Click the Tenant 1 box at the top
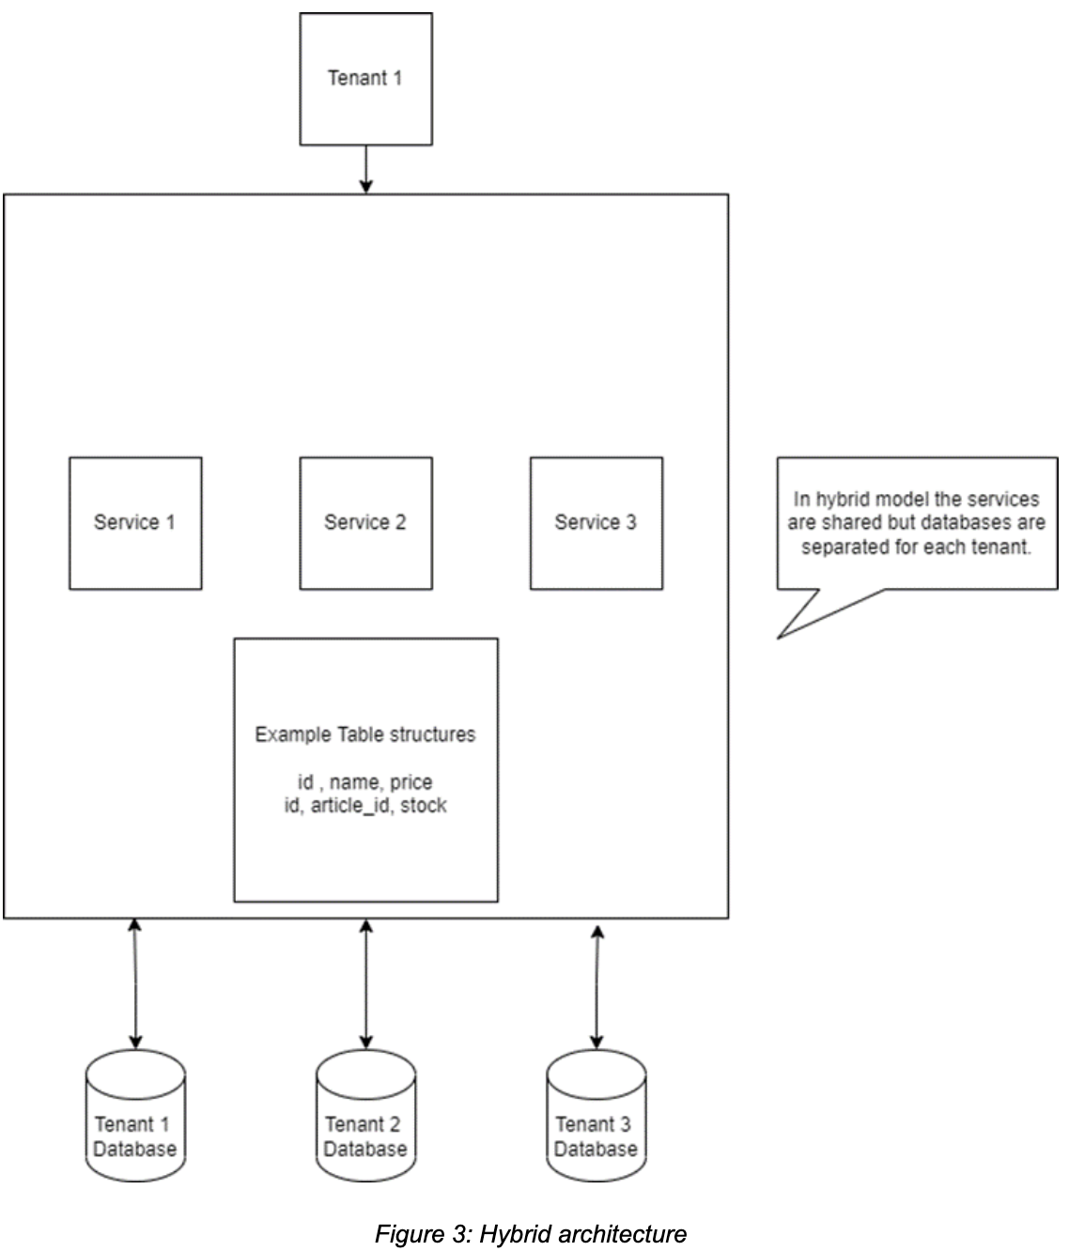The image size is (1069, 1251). click(365, 79)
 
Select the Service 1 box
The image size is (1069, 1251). click(135, 523)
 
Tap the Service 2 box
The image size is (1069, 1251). click(365, 523)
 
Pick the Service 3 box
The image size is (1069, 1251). click(596, 523)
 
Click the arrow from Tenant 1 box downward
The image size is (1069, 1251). click(366, 170)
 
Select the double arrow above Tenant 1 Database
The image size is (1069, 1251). click(135, 983)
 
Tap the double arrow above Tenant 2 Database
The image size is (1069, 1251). click(365, 983)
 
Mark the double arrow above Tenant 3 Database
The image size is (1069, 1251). click(596, 986)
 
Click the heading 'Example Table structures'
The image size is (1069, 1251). click(365, 734)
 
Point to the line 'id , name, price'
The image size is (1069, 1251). click(365, 782)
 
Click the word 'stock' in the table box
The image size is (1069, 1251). click(424, 805)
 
